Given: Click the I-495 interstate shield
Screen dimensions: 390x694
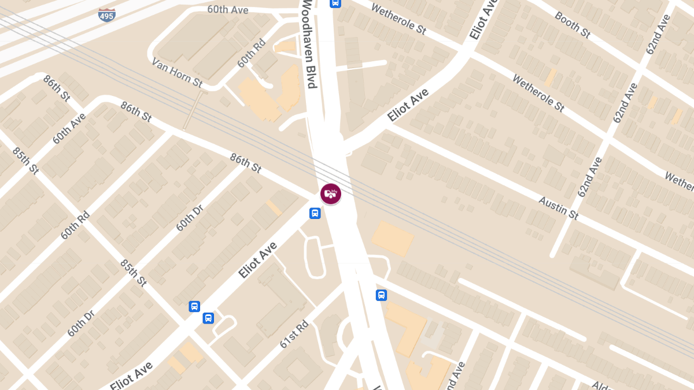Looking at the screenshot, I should coord(106,14).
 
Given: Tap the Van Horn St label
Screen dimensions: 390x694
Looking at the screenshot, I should coord(177,72).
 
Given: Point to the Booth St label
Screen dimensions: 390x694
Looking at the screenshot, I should coord(572,25).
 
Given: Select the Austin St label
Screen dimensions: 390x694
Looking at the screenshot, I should coord(558,208).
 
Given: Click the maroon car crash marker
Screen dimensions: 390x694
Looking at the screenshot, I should coord(330,194).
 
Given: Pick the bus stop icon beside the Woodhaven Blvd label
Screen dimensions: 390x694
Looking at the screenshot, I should coord(335,3).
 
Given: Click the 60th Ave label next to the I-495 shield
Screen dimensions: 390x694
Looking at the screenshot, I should coord(228,10).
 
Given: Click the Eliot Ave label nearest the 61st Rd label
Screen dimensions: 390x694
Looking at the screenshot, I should coord(258,261).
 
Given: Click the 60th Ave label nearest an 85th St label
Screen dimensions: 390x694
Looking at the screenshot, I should coord(69,128).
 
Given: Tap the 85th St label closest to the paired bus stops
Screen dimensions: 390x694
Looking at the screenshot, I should coord(134,273).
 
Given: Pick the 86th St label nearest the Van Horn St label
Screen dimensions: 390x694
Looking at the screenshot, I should coord(136,112).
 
